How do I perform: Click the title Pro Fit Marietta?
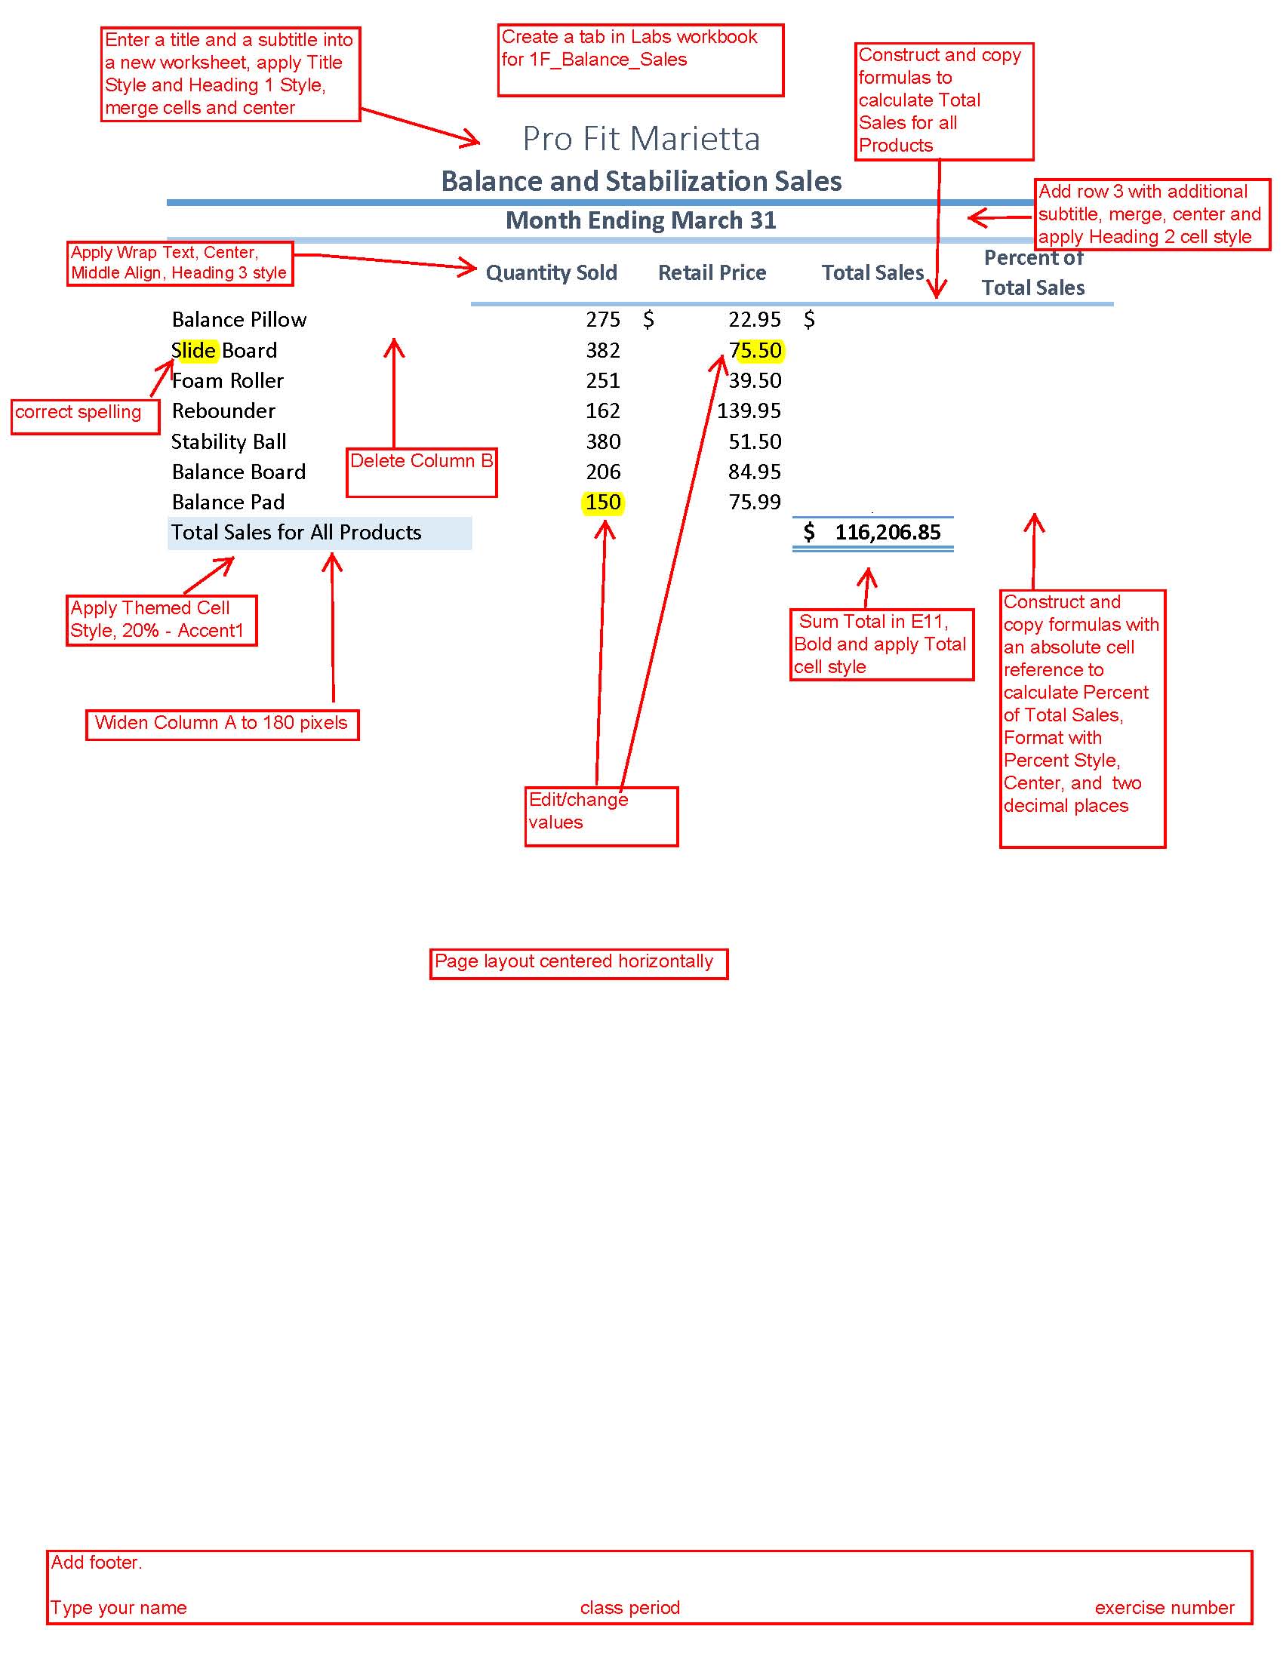pos(641,138)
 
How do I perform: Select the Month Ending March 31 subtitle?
pos(641,220)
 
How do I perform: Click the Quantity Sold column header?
pos(551,273)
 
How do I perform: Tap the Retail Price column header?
pos(712,273)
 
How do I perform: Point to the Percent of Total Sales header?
pos(1033,273)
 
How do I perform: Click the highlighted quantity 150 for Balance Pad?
pos(604,503)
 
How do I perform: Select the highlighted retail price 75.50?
pos(755,350)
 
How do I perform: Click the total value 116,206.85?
pos(888,532)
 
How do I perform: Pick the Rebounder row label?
pos(223,411)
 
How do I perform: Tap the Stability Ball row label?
pos(229,441)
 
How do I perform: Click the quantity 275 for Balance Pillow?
pos(603,319)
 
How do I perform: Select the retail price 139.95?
pos(749,411)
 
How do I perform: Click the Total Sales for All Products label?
pos(296,532)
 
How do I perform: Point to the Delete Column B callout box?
pos(422,473)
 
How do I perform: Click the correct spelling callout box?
pos(85,417)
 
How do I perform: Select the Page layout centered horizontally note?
pos(578,964)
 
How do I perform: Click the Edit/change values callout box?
pos(602,816)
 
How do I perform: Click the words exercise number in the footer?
pos(1165,1607)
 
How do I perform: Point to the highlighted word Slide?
pos(195,350)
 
